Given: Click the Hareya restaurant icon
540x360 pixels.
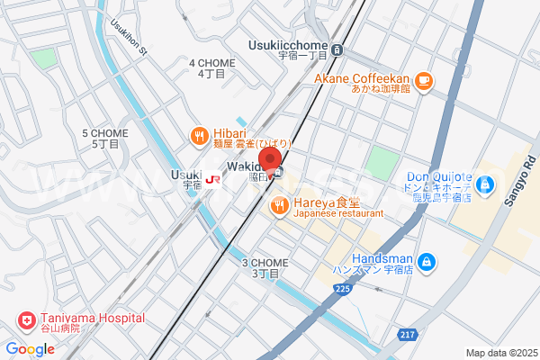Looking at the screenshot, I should pyautogui.click(x=279, y=206).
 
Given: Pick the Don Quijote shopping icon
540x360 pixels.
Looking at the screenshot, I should pyautogui.click(x=486, y=185).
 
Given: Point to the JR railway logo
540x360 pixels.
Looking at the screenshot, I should pyautogui.click(x=212, y=178).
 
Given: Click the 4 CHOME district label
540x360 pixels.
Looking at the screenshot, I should pyautogui.click(x=211, y=63).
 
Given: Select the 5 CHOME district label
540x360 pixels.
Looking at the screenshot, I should pyautogui.click(x=105, y=133).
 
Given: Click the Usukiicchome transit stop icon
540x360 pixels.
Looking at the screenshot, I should pyautogui.click(x=337, y=49).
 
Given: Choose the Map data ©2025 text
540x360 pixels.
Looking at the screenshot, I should pyautogui.click(x=500, y=353).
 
